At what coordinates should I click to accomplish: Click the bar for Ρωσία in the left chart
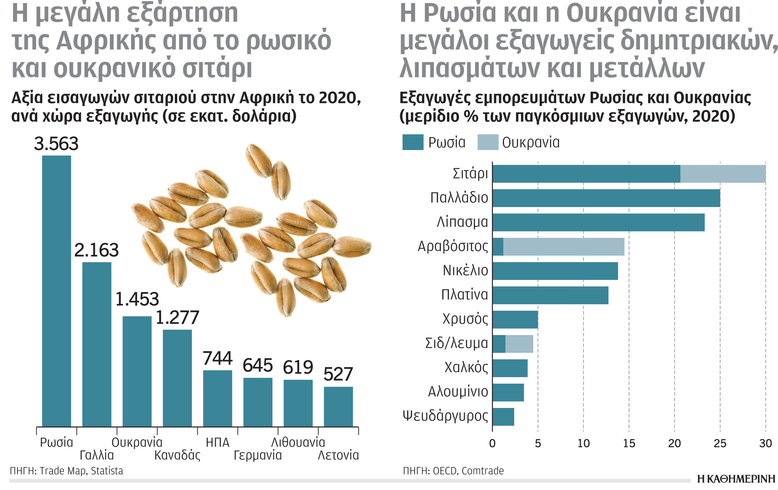(56, 291)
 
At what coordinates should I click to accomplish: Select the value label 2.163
(97, 250)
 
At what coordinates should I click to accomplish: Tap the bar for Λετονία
(338, 406)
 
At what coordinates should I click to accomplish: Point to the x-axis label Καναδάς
(177, 455)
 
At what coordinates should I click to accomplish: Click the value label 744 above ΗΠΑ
(217, 358)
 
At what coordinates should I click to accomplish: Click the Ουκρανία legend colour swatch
(488, 142)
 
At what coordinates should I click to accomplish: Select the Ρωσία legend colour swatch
(413, 142)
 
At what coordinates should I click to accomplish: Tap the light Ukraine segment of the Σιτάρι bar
(723, 174)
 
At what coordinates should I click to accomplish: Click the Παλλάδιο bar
(606, 198)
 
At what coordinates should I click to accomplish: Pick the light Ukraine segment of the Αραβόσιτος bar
(564, 247)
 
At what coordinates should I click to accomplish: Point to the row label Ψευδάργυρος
(445, 416)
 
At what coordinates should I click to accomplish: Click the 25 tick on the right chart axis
(720, 443)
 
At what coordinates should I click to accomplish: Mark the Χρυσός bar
(515, 319)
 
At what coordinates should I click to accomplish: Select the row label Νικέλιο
(465, 270)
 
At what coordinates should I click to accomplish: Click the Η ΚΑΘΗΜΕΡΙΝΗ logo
(736, 479)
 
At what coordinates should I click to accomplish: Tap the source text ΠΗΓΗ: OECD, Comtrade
(453, 471)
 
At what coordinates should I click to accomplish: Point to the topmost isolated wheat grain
(258, 160)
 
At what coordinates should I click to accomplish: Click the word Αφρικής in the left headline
(106, 41)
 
